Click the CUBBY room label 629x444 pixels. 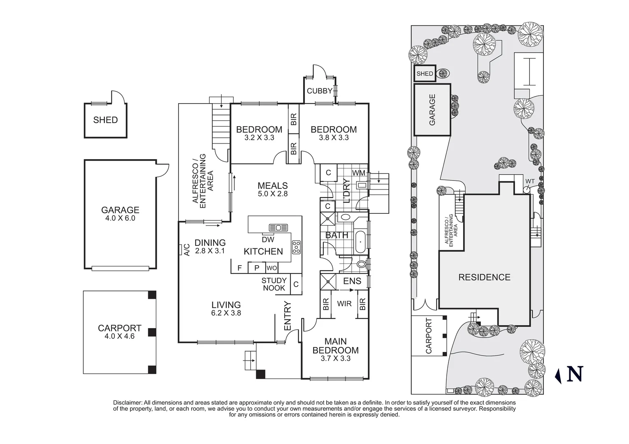319,91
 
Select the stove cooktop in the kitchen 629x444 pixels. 296,247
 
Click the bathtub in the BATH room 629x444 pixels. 361,242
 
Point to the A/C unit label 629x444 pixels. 186,250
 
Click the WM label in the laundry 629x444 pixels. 359,173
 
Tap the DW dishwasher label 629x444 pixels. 268,239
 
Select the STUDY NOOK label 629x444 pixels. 274,284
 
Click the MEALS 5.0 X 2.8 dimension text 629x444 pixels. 272,194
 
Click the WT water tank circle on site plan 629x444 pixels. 527,190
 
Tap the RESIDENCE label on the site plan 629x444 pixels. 484,277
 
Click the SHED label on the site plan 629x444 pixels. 425,74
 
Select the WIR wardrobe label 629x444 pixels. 344,304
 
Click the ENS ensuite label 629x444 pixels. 352,281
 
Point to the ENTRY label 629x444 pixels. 287,316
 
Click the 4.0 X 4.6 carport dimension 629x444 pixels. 119,336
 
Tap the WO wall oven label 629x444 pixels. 272,268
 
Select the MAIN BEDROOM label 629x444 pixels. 335,346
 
